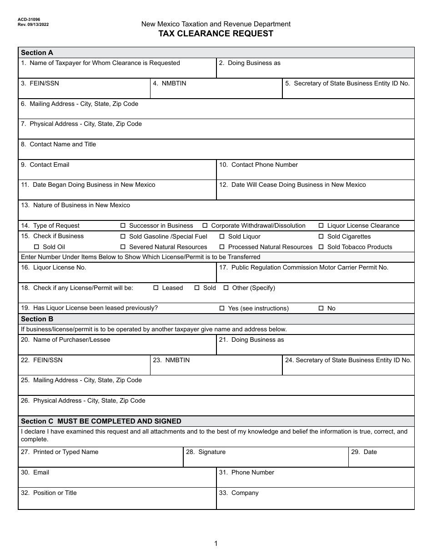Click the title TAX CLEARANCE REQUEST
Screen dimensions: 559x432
tap(216, 34)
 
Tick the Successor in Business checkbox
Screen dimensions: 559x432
tap(123, 226)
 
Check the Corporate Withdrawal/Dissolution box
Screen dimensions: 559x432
tap(205, 226)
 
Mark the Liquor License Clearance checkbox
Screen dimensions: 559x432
tap(321, 226)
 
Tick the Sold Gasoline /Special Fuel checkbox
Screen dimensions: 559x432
tap(123, 236)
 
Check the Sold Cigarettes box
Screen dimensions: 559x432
tap(321, 236)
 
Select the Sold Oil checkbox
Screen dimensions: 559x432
tap(36, 247)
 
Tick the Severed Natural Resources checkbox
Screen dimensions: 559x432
tap(123, 247)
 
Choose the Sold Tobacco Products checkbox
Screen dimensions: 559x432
tap(321, 247)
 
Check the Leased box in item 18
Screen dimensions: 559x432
tap(156, 288)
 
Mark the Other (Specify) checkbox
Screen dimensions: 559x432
tap(226, 288)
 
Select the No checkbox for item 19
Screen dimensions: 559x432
tap(321, 308)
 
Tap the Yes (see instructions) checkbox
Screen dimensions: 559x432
tap(222, 308)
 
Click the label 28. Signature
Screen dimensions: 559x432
tap(206, 452)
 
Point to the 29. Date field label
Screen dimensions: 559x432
tap(364, 452)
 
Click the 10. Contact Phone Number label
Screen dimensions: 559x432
tap(258, 165)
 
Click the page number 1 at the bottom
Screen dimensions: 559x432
tap(216, 544)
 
